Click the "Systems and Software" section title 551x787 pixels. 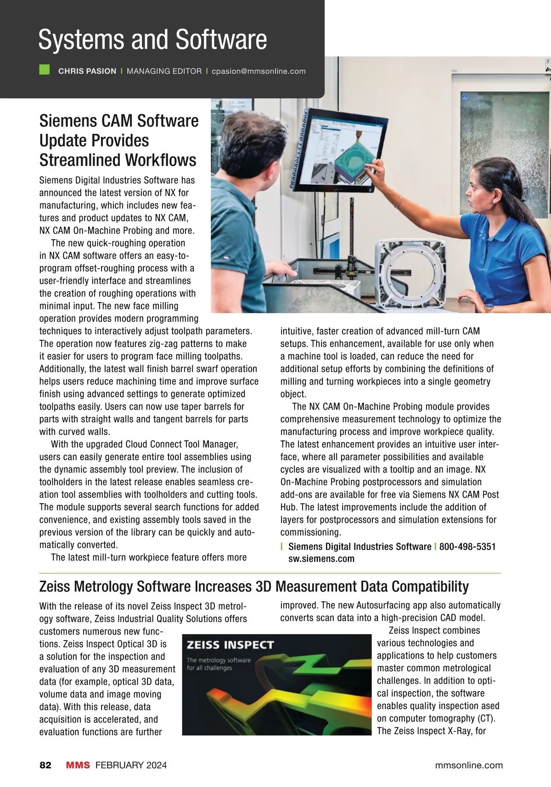point(152,39)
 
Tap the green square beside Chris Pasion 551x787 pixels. point(45,70)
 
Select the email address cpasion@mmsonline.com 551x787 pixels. point(259,71)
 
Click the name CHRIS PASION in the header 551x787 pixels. point(87,71)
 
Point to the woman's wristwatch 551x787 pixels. point(489,307)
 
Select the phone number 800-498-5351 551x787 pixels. point(467,546)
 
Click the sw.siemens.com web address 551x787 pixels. point(321,559)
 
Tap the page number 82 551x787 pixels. point(45,765)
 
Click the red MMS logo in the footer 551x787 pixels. point(78,765)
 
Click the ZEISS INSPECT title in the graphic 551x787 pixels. point(230,645)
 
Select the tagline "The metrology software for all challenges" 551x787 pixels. point(219,663)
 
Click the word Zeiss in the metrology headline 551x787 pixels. point(55,586)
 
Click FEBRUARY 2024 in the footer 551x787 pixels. point(131,765)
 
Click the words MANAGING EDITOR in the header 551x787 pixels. point(164,71)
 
